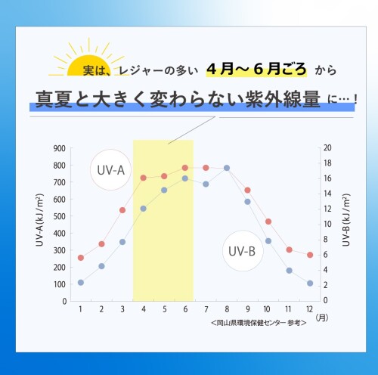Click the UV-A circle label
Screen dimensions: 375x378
[111, 169]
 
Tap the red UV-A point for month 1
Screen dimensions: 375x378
[81, 258]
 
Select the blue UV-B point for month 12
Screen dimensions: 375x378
[310, 283]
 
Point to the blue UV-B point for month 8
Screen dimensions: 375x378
[227, 168]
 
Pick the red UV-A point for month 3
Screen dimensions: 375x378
[122, 210]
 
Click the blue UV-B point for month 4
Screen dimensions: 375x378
[143, 209]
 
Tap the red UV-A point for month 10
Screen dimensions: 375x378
[268, 222]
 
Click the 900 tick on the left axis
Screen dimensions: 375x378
[60, 148]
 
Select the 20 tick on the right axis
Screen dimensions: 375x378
[326, 148]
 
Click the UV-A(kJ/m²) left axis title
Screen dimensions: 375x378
[39, 225]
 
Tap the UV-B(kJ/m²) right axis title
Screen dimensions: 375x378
[346, 225]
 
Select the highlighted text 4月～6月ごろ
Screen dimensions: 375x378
[257, 70]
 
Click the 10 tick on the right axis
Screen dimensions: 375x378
[326, 224]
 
